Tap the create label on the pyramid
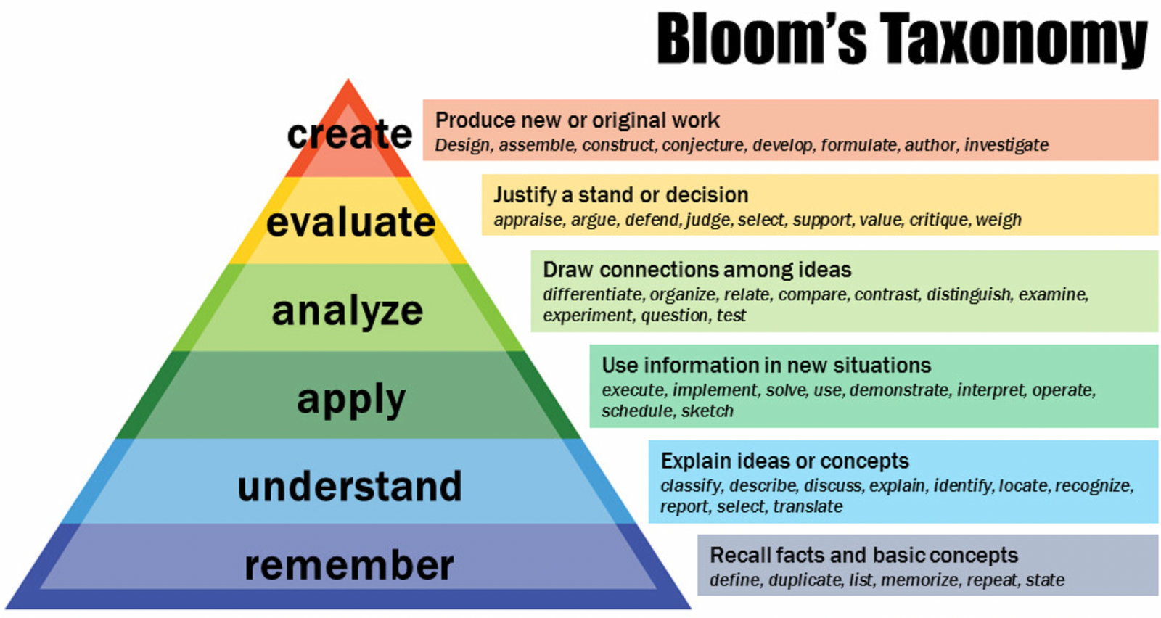[x=349, y=134]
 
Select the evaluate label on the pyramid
[x=350, y=221]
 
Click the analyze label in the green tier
[x=347, y=310]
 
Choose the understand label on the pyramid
[x=349, y=486]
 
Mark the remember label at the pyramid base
[x=349, y=565]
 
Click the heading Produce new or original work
[x=577, y=120]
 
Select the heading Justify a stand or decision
[x=620, y=194]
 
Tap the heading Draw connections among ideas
[x=697, y=270]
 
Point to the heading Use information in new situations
[x=766, y=365]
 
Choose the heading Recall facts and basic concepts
[x=863, y=555]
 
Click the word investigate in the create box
[x=1006, y=145]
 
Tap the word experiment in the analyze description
[x=588, y=316]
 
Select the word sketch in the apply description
[x=707, y=411]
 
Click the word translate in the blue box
[x=808, y=506]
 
